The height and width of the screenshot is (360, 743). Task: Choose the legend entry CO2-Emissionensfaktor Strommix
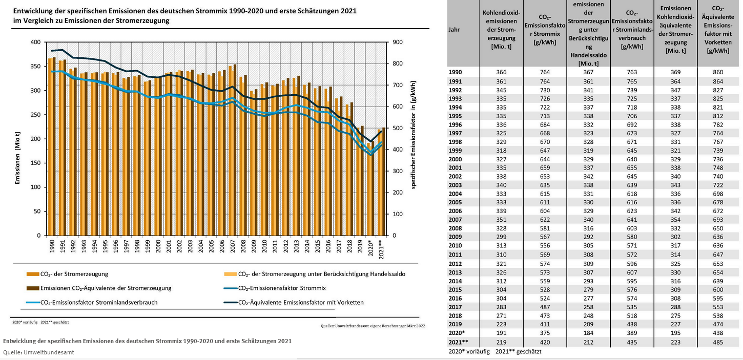coord(282,288)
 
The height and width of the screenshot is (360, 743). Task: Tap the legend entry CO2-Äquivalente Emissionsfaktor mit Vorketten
coord(301,303)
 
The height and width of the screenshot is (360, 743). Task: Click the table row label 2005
coord(456,203)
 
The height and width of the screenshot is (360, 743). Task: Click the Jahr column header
coord(454,30)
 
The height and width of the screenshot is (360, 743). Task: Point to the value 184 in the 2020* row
coord(588,333)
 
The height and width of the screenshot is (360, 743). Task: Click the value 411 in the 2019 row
coord(545,324)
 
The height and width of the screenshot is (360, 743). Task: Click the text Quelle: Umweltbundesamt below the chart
coord(38,352)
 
